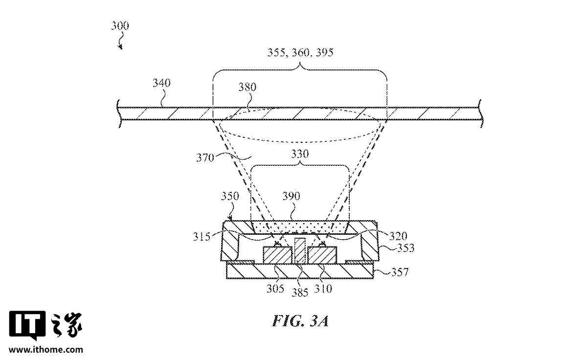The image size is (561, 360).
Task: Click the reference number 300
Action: (x=120, y=26)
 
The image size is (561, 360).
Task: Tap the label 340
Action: (x=162, y=83)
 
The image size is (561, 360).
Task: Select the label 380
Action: (x=247, y=87)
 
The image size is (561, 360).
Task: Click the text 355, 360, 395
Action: (x=300, y=53)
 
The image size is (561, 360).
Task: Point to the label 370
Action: (x=205, y=157)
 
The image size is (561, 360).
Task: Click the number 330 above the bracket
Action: (x=300, y=154)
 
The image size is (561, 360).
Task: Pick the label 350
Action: (x=230, y=196)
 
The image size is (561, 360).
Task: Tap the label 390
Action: (x=291, y=196)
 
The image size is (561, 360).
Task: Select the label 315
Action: (x=202, y=237)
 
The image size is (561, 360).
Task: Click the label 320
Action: (x=398, y=236)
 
